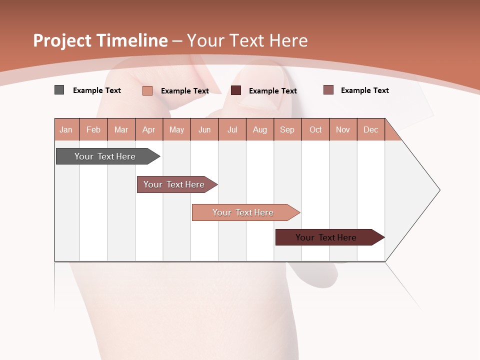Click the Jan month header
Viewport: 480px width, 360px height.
[x=66, y=129]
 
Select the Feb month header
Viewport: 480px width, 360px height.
[x=93, y=129]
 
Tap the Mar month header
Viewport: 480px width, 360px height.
[x=121, y=129]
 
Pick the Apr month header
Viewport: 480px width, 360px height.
[x=149, y=129]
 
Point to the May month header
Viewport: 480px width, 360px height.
[x=176, y=129]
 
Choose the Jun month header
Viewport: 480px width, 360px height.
[x=204, y=129]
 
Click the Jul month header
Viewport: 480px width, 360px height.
[x=232, y=129]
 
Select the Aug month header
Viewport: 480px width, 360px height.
[x=260, y=129]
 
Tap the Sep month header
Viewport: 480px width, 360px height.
[x=287, y=129]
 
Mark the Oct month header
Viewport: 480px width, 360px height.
[x=315, y=129]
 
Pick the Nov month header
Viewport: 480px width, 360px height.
[x=343, y=129]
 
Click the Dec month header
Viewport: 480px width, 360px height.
[x=370, y=129]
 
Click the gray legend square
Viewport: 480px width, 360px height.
[x=59, y=90]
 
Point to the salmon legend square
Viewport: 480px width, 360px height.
[x=147, y=90]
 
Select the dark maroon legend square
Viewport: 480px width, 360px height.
[x=236, y=90]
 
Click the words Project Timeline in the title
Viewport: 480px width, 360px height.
[x=100, y=40]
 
